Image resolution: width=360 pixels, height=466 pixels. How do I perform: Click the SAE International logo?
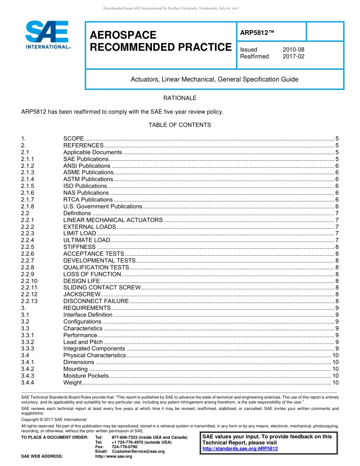tap(47, 34)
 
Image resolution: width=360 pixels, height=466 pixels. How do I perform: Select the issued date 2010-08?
tap(293, 50)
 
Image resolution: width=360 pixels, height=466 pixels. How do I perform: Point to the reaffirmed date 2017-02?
tap(293, 56)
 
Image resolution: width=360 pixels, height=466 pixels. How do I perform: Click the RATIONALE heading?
tap(180, 98)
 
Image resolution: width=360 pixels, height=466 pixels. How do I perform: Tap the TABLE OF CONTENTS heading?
tap(180, 125)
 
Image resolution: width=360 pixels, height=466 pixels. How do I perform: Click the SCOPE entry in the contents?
tap(74, 139)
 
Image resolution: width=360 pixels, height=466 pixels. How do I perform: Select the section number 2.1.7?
tap(28, 200)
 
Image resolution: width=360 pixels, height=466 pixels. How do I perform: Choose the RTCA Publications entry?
tap(88, 200)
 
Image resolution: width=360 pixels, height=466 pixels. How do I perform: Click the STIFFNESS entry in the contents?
tap(79, 247)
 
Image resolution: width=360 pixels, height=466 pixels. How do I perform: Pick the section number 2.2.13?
tap(29, 301)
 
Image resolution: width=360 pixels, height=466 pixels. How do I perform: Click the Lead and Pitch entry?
tap(83, 342)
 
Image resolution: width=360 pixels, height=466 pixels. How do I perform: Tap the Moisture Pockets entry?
tap(86, 376)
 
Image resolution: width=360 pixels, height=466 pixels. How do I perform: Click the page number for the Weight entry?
tap(335, 383)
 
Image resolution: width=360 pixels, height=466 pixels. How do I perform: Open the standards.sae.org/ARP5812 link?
tap(240, 449)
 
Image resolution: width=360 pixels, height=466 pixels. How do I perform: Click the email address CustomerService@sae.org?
tap(138, 452)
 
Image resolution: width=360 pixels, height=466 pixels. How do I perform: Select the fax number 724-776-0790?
tap(125, 447)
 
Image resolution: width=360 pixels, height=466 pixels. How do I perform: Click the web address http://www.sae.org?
tap(113, 457)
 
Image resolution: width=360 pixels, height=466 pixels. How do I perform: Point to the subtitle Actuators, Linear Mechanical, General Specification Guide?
tap(214, 80)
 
